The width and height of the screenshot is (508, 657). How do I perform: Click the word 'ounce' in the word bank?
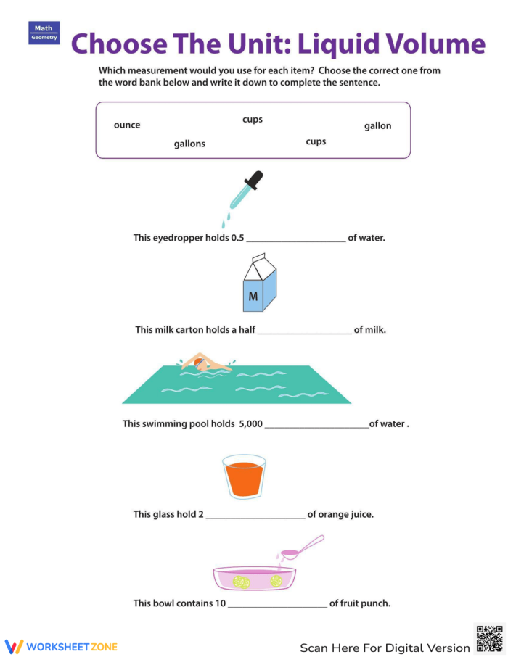pyautogui.click(x=127, y=125)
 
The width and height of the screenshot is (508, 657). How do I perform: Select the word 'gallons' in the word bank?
pyautogui.click(x=189, y=144)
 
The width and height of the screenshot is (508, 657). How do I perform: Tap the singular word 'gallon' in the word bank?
pyautogui.click(x=377, y=126)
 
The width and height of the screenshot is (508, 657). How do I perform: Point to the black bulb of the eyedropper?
pyautogui.click(x=255, y=178)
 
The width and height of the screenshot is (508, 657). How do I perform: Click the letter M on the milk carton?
pyautogui.click(x=253, y=297)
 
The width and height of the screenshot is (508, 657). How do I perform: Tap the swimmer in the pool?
pyautogui.click(x=204, y=363)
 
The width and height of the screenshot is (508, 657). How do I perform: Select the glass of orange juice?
pyautogui.click(x=244, y=476)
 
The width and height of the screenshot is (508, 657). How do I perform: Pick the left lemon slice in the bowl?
pyautogui.click(x=241, y=581)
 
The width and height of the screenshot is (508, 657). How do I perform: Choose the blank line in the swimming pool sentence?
pyautogui.click(x=316, y=425)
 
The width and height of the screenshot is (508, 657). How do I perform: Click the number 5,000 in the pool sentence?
pyautogui.click(x=250, y=424)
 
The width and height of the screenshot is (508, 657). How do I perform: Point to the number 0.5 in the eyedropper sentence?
pyautogui.click(x=237, y=238)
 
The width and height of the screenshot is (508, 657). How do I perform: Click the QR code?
pyautogui.click(x=489, y=638)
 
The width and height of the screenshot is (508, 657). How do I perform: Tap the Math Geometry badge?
pyautogui.click(x=44, y=33)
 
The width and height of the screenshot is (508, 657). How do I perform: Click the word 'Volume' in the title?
pyautogui.click(x=430, y=44)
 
